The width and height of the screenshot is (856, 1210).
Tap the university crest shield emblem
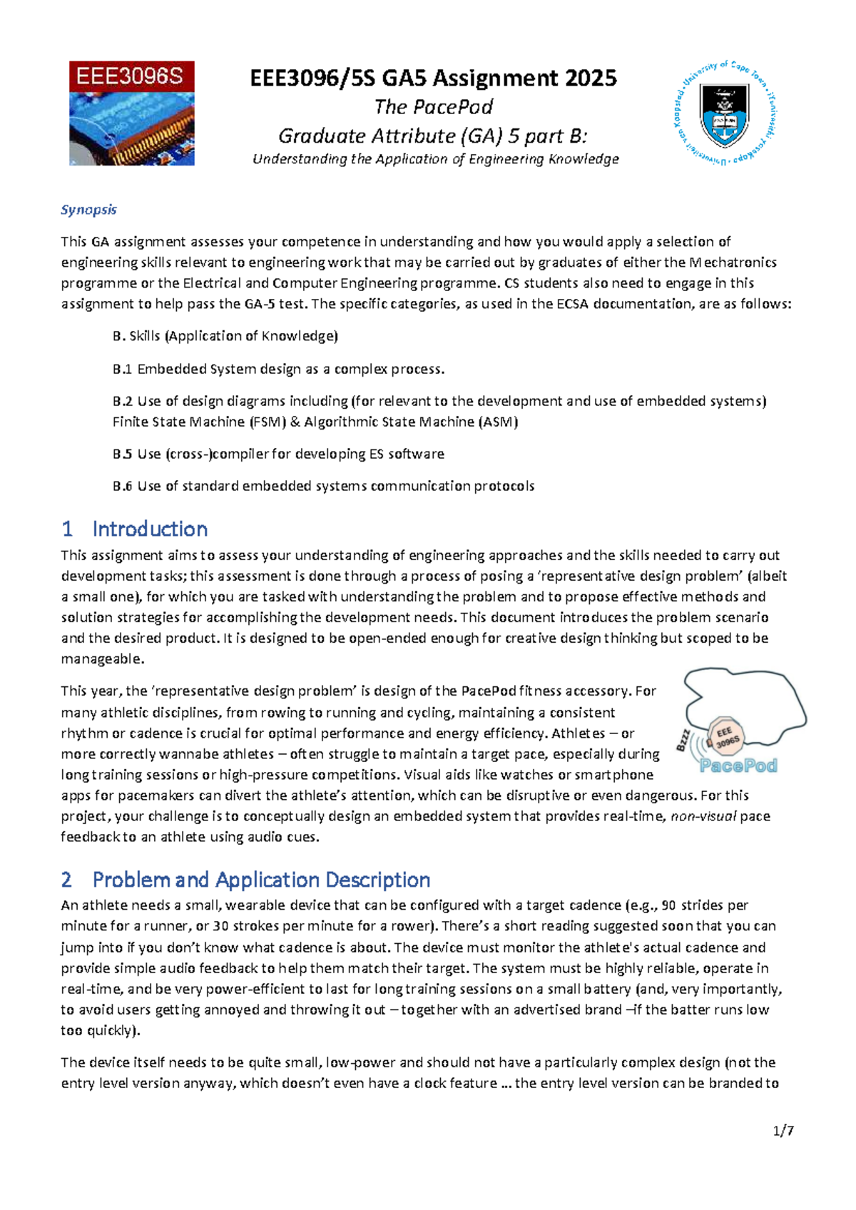click(724, 115)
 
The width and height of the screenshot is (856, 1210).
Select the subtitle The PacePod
click(434, 107)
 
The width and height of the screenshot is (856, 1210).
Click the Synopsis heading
click(88, 210)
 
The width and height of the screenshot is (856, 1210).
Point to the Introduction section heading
click(150, 529)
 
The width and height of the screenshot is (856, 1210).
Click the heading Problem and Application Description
click(261, 879)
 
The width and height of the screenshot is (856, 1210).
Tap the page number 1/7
click(783, 1130)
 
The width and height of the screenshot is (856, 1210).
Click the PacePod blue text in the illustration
click(738, 766)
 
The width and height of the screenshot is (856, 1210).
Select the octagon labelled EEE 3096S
click(726, 738)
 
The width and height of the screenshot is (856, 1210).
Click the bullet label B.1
click(122, 369)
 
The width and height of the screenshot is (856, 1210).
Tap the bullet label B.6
click(122, 486)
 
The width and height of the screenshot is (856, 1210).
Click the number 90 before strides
click(668, 905)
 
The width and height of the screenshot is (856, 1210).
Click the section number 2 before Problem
click(67, 879)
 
